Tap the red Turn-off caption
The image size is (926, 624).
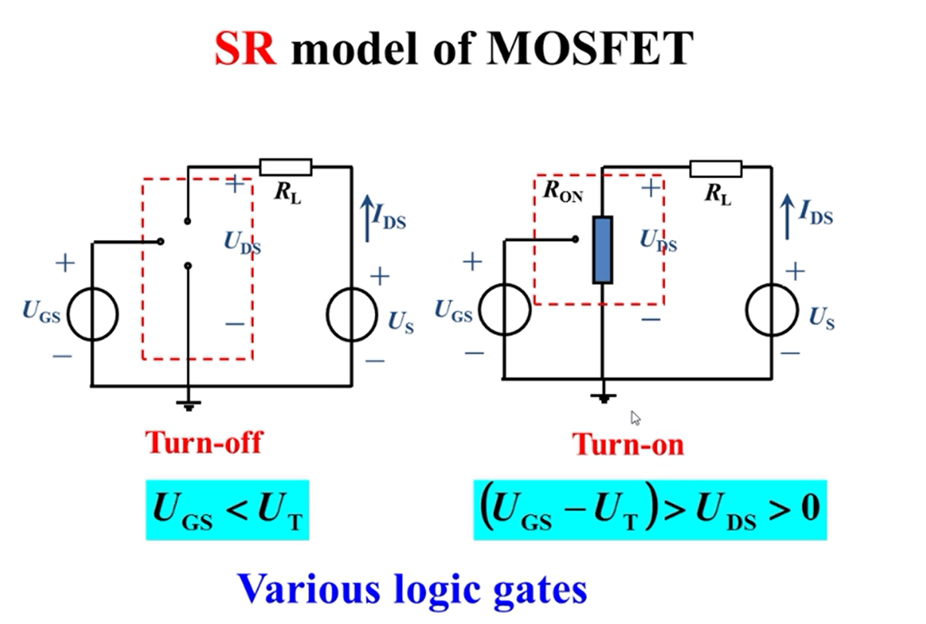tap(204, 441)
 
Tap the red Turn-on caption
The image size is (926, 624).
tap(628, 444)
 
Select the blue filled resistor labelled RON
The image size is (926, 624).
tap(602, 250)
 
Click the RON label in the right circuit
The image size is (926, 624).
tap(563, 193)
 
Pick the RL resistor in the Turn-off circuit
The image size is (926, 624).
tap(285, 167)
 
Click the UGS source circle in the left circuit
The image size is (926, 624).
tap(92, 315)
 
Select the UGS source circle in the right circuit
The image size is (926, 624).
tap(505, 309)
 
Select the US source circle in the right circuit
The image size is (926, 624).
tap(771, 310)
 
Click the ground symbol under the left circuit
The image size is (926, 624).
tap(188, 405)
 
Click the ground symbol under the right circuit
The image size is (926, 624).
tap(603, 398)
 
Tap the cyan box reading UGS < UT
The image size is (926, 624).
tap(227, 509)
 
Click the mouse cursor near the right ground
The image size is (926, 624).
tap(636, 418)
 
